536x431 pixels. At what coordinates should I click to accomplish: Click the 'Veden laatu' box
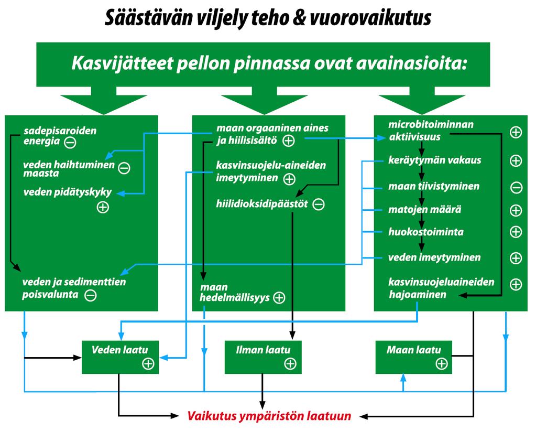pos(121,357)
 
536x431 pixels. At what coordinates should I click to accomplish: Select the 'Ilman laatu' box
pos(263,357)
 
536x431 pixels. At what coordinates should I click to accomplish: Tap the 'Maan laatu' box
pos(413,357)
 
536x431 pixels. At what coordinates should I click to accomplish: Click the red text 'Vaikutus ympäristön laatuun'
pos(269,416)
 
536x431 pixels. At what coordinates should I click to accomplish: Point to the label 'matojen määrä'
pos(424,209)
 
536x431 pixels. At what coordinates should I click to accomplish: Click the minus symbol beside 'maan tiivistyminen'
pos(516,188)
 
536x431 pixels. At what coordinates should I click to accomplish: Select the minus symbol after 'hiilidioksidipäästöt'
pos(319,204)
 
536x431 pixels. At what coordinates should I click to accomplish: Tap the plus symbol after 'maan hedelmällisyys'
pos(279,298)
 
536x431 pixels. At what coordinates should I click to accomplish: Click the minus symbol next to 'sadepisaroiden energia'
pos(70,142)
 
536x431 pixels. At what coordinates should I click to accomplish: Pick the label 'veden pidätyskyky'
pos(68,192)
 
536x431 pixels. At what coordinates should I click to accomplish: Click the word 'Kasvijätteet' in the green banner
pos(122,63)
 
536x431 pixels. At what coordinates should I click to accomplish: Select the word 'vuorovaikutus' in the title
pos(370,18)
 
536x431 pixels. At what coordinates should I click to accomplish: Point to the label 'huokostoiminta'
pos(426,232)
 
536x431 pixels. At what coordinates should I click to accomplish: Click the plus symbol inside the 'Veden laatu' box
pos(148,363)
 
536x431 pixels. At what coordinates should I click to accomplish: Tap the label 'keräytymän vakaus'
pos(434,160)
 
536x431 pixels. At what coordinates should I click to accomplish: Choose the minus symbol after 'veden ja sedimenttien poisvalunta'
pos(91,295)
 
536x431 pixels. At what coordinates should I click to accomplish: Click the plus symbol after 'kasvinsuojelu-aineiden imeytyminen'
pos(289,179)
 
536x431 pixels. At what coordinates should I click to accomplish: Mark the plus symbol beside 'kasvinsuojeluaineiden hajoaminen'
pos(516,284)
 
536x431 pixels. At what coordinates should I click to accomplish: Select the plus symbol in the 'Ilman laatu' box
pos(290,363)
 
